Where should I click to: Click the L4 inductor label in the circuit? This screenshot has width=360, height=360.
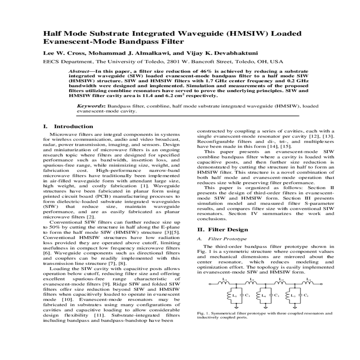[264, 295]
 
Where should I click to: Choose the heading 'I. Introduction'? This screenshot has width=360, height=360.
[68, 127]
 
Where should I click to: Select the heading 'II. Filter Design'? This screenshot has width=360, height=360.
[223, 230]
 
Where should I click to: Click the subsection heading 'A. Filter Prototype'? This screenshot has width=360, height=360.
[222, 239]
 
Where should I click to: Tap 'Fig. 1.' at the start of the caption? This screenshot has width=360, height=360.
[203, 313]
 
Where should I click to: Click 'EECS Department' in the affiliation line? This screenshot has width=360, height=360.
[68, 62]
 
